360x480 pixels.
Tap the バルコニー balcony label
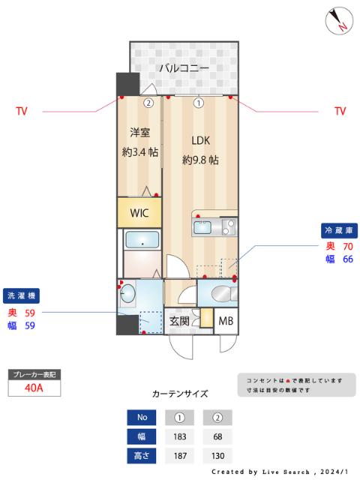(x=183, y=68)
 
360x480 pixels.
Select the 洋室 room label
(x=139, y=133)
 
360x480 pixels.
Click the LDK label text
(x=200, y=140)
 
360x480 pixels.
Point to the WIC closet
(x=139, y=212)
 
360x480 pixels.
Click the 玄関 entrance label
(x=179, y=320)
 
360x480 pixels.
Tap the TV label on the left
(x=22, y=111)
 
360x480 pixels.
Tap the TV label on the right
(x=340, y=111)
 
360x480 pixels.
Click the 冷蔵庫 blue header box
(x=338, y=229)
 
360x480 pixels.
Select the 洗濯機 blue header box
(x=21, y=295)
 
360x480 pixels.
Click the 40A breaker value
(x=33, y=388)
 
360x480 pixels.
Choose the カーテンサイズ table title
(x=180, y=393)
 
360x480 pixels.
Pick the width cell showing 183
(x=180, y=436)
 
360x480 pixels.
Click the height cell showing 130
(x=218, y=455)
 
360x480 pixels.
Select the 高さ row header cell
(x=141, y=455)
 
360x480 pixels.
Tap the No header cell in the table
(x=141, y=417)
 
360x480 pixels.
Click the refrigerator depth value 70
(x=347, y=246)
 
